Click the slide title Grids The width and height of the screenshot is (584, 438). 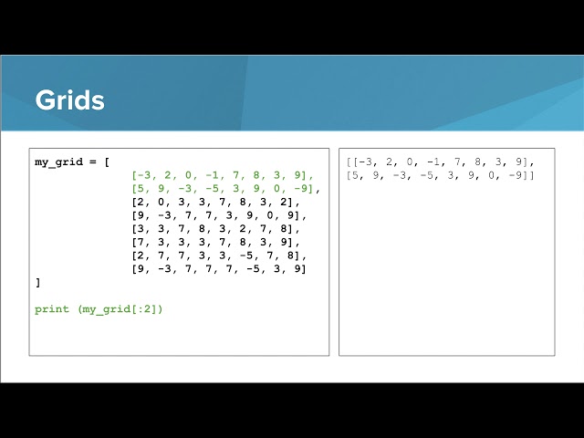click(69, 100)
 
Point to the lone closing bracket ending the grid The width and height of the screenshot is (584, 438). click(37, 283)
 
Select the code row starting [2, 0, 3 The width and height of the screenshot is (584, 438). click(215, 202)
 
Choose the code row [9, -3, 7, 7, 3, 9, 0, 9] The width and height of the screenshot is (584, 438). click(219, 215)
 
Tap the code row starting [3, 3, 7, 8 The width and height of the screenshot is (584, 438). click(215, 229)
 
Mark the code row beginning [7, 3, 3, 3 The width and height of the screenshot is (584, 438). click(215, 242)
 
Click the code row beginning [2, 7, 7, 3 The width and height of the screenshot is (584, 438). click(219, 255)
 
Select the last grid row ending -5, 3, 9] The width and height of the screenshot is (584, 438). click(219, 269)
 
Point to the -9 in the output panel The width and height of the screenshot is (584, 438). click(518, 175)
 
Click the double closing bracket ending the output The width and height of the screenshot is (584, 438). click(529, 175)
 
